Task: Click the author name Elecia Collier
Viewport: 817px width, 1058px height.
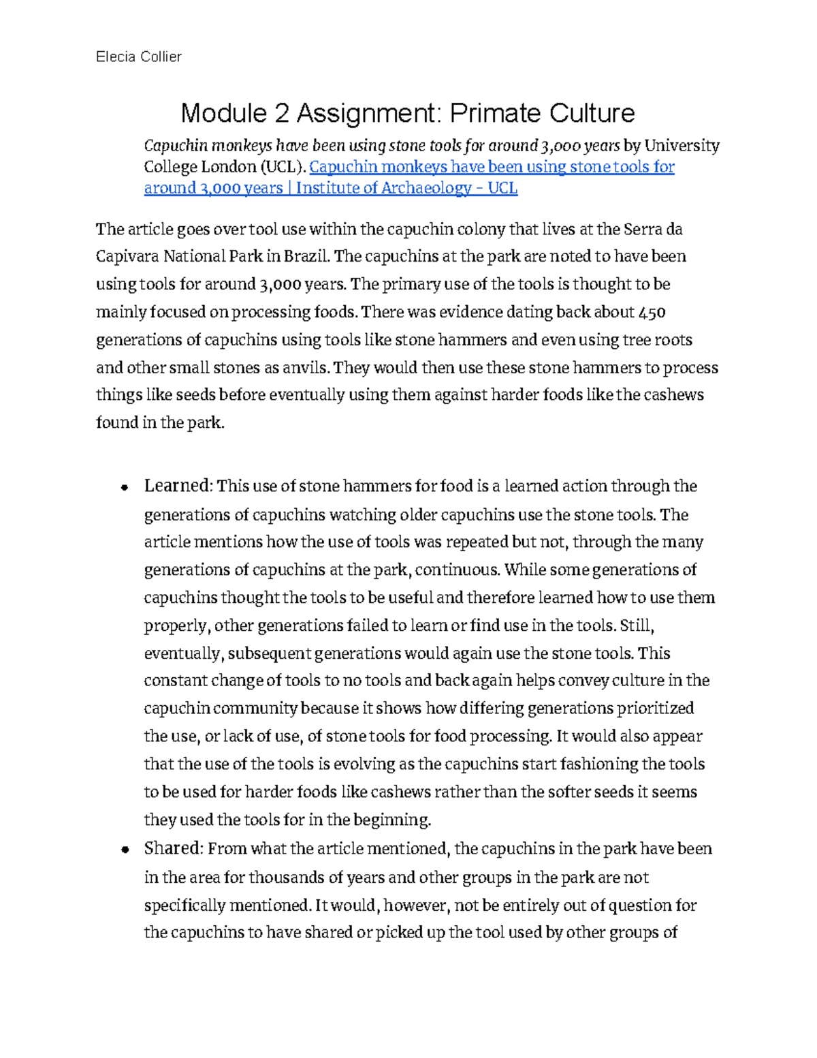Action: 139,57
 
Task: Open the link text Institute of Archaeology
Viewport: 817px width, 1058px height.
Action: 383,188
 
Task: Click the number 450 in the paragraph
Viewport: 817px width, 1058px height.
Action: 652,312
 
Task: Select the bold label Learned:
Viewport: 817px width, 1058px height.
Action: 179,486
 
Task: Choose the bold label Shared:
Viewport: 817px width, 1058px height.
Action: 174,848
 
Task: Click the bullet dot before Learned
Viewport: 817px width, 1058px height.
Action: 124,487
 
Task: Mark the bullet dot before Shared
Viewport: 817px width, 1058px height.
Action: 124,850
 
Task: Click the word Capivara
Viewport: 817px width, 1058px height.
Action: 127,256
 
